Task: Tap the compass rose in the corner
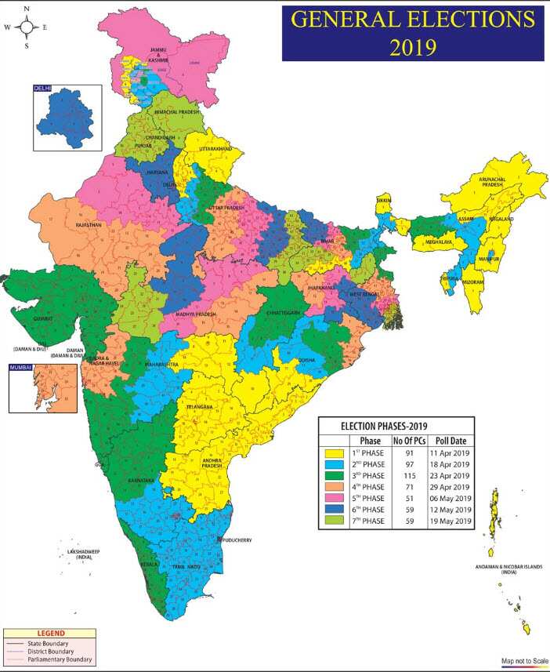[x=27, y=27]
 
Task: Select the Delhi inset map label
[x=42, y=89]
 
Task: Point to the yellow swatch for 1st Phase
[x=335, y=452]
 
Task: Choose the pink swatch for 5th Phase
[x=335, y=498]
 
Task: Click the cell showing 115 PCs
[x=413, y=475]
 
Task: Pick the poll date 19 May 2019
[x=451, y=521]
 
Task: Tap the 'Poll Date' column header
[x=451, y=440]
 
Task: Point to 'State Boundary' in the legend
[x=53, y=644]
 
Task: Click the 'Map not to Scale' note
[x=523, y=661]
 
